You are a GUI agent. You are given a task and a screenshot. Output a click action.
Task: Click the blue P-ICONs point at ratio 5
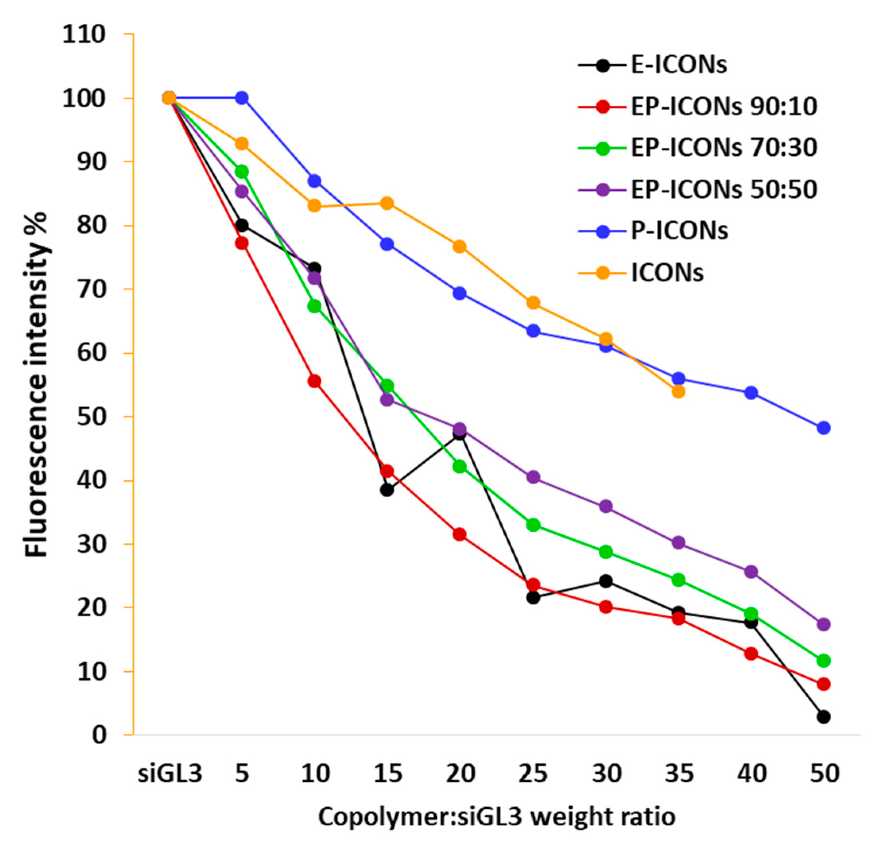click(x=242, y=98)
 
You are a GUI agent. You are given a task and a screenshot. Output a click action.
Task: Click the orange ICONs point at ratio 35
click(x=678, y=391)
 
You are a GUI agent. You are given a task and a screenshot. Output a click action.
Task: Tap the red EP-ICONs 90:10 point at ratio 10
click(x=314, y=381)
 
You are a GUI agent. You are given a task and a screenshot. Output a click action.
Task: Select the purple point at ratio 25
click(x=533, y=477)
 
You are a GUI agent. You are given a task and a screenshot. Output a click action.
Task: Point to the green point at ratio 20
click(x=460, y=467)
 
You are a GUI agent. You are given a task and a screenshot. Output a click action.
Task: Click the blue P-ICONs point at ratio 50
click(x=824, y=427)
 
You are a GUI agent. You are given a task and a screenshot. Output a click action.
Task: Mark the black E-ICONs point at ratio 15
click(x=387, y=490)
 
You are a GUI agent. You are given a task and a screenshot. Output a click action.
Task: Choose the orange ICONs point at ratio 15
click(x=387, y=203)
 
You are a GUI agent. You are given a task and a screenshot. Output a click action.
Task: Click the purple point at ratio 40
click(x=751, y=571)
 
